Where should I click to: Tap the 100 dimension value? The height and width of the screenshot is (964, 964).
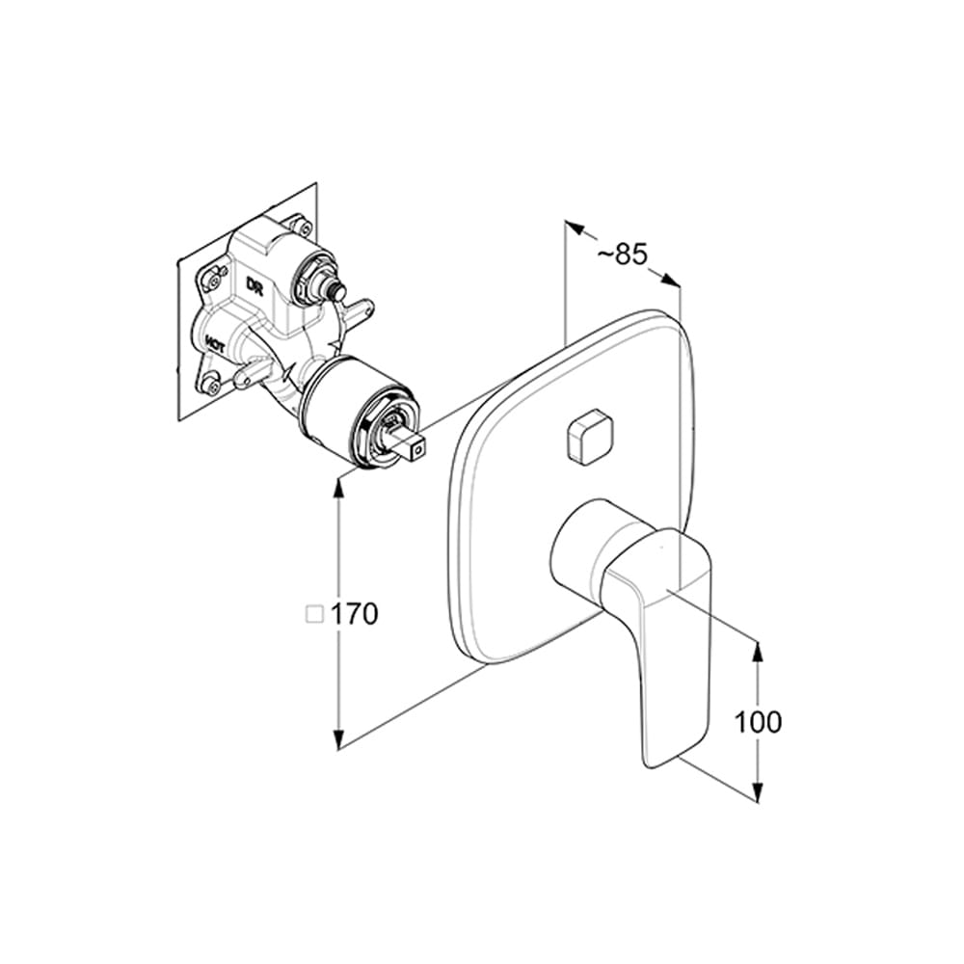(x=758, y=721)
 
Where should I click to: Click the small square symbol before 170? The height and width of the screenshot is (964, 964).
(x=313, y=614)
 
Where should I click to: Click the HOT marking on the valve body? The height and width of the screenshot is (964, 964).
(x=215, y=341)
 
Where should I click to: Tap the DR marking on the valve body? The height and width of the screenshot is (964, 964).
(x=254, y=286)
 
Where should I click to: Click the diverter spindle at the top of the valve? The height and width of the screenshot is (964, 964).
(x=335, y=285)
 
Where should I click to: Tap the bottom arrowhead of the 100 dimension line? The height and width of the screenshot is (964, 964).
(x=758, y=791)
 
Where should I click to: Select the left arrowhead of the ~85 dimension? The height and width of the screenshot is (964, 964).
(x=573, y=229)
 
